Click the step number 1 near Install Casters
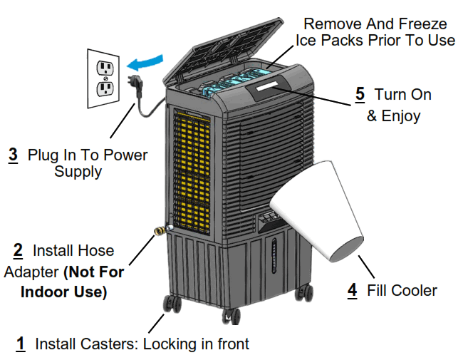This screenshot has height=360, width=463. (21, 344)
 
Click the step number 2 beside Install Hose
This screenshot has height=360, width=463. (18, 251)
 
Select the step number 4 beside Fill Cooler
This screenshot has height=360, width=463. (352, 290)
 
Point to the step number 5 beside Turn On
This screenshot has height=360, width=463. (360, 94)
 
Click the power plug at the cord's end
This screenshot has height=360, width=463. (133, 83)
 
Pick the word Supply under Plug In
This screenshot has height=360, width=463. (78, 172)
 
